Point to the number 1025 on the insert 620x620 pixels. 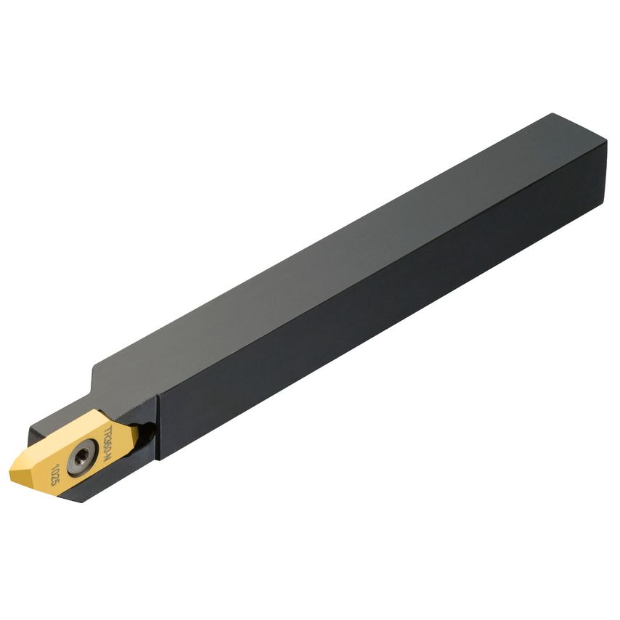tap(54, 475)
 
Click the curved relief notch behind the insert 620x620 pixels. tap(149, 433)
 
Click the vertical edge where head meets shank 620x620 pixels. tap(159, 428)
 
